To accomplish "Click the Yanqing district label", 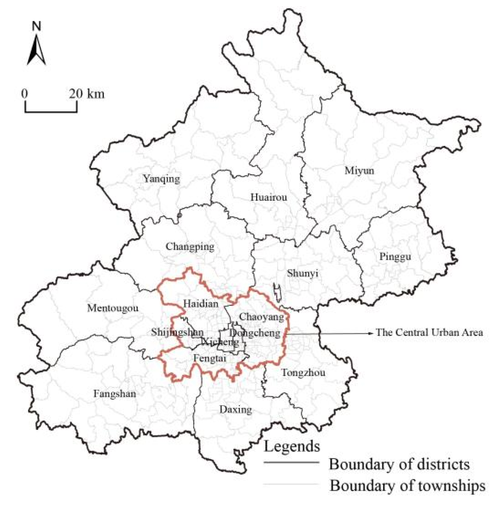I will tap(162, 178).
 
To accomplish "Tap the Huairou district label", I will tap(269, 197).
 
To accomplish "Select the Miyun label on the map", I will tap(359, 171).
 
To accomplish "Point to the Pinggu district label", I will tap(395, 256).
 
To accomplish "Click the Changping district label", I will tap(190, 247).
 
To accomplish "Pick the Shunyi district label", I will tap(302, 274).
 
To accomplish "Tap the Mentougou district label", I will tap(113, 308).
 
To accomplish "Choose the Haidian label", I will tap(201, 304).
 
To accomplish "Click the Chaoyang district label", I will tap(262, 317).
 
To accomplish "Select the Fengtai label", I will tap(210, 358).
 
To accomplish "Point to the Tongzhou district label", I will tap(303, 373).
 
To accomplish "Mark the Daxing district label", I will tap(236, 410).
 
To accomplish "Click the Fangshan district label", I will tap(115, 394).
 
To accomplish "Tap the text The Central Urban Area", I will tap(429, 333).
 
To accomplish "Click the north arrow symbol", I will tap(36, 50).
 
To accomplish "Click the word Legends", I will tap(292, 446).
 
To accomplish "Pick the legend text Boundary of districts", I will tap(399, 464).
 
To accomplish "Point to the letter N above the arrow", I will tap(37, 26).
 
